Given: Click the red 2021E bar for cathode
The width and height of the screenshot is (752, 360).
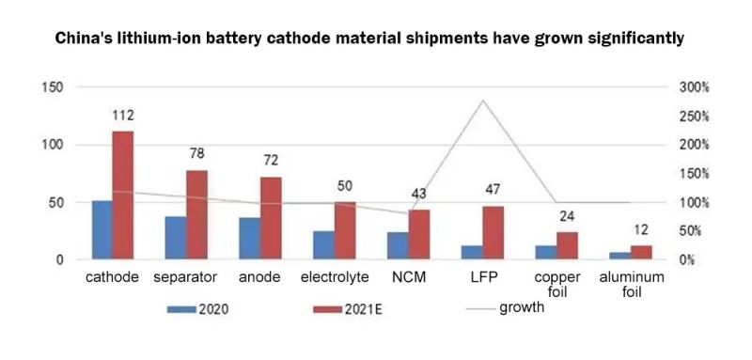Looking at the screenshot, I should [x=123, y=195].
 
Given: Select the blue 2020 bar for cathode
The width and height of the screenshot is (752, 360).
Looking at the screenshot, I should [x=102, y=229].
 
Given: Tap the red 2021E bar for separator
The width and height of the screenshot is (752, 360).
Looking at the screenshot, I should [x=196, y=214].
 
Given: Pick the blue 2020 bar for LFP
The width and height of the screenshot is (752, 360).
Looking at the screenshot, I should [x=471, y=252].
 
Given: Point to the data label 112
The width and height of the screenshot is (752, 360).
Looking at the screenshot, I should [x=123, y=116].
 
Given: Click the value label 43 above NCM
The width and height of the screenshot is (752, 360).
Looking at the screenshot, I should [x=418, y=194].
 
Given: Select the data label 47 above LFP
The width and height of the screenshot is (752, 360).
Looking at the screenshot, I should [x=493, y=190].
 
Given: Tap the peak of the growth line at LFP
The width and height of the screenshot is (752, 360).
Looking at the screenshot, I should [x=482, y=101].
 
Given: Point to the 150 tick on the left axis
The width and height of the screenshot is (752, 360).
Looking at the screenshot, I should [x=52, y=87].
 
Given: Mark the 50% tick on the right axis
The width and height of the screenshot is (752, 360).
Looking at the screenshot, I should [x=694, y=230].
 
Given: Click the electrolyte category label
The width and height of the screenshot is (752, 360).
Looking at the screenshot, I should [x=334, y=277].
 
